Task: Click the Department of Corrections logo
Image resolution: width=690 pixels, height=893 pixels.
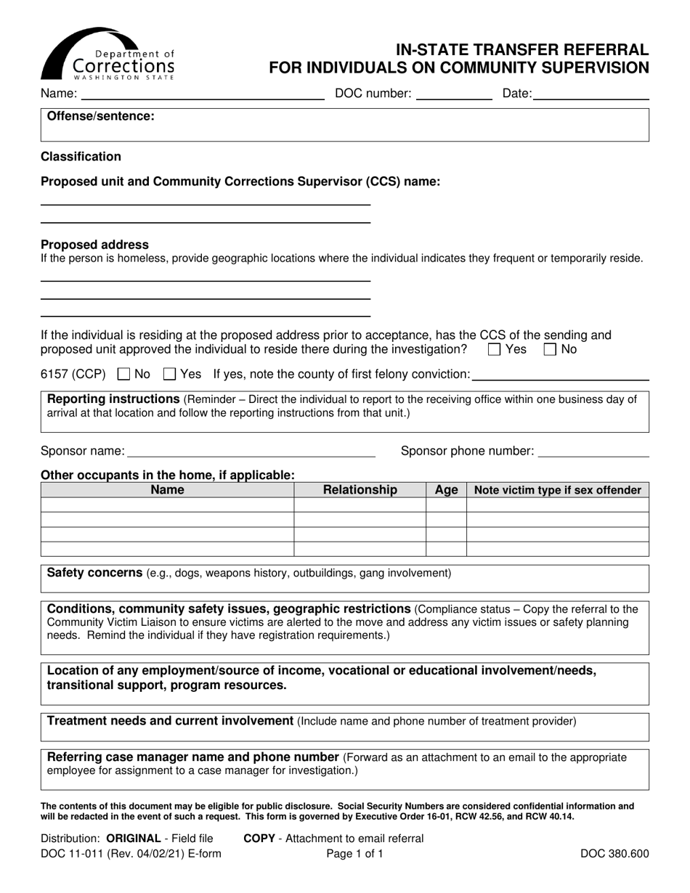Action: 107,54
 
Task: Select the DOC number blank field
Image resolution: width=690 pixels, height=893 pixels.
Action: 453,94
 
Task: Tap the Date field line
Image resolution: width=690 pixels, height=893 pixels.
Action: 590,94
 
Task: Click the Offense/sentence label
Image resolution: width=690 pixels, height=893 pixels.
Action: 100,116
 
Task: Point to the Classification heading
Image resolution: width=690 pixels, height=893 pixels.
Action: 81,157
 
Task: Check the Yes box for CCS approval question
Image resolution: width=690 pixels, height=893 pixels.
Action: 495,350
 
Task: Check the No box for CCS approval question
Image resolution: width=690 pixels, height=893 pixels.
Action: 550,350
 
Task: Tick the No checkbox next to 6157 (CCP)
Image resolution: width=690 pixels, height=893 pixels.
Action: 123,375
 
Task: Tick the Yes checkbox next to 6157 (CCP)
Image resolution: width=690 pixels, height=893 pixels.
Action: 169,375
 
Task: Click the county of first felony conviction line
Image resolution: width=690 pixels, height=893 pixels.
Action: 560,376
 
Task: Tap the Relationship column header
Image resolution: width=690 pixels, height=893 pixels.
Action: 360,490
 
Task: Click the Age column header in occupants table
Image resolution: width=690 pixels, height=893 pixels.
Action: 446,490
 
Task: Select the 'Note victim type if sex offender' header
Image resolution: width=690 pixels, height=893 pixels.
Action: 557,490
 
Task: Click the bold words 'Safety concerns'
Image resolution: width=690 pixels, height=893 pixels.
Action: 94,573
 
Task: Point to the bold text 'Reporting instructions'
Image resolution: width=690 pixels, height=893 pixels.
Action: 113,399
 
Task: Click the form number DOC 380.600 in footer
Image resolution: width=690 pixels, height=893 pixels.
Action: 614,854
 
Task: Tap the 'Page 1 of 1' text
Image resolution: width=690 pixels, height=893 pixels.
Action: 354,854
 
